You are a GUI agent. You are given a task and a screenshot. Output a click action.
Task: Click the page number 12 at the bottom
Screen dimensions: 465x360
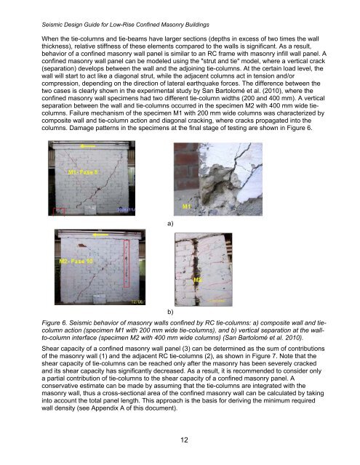point(180,440)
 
